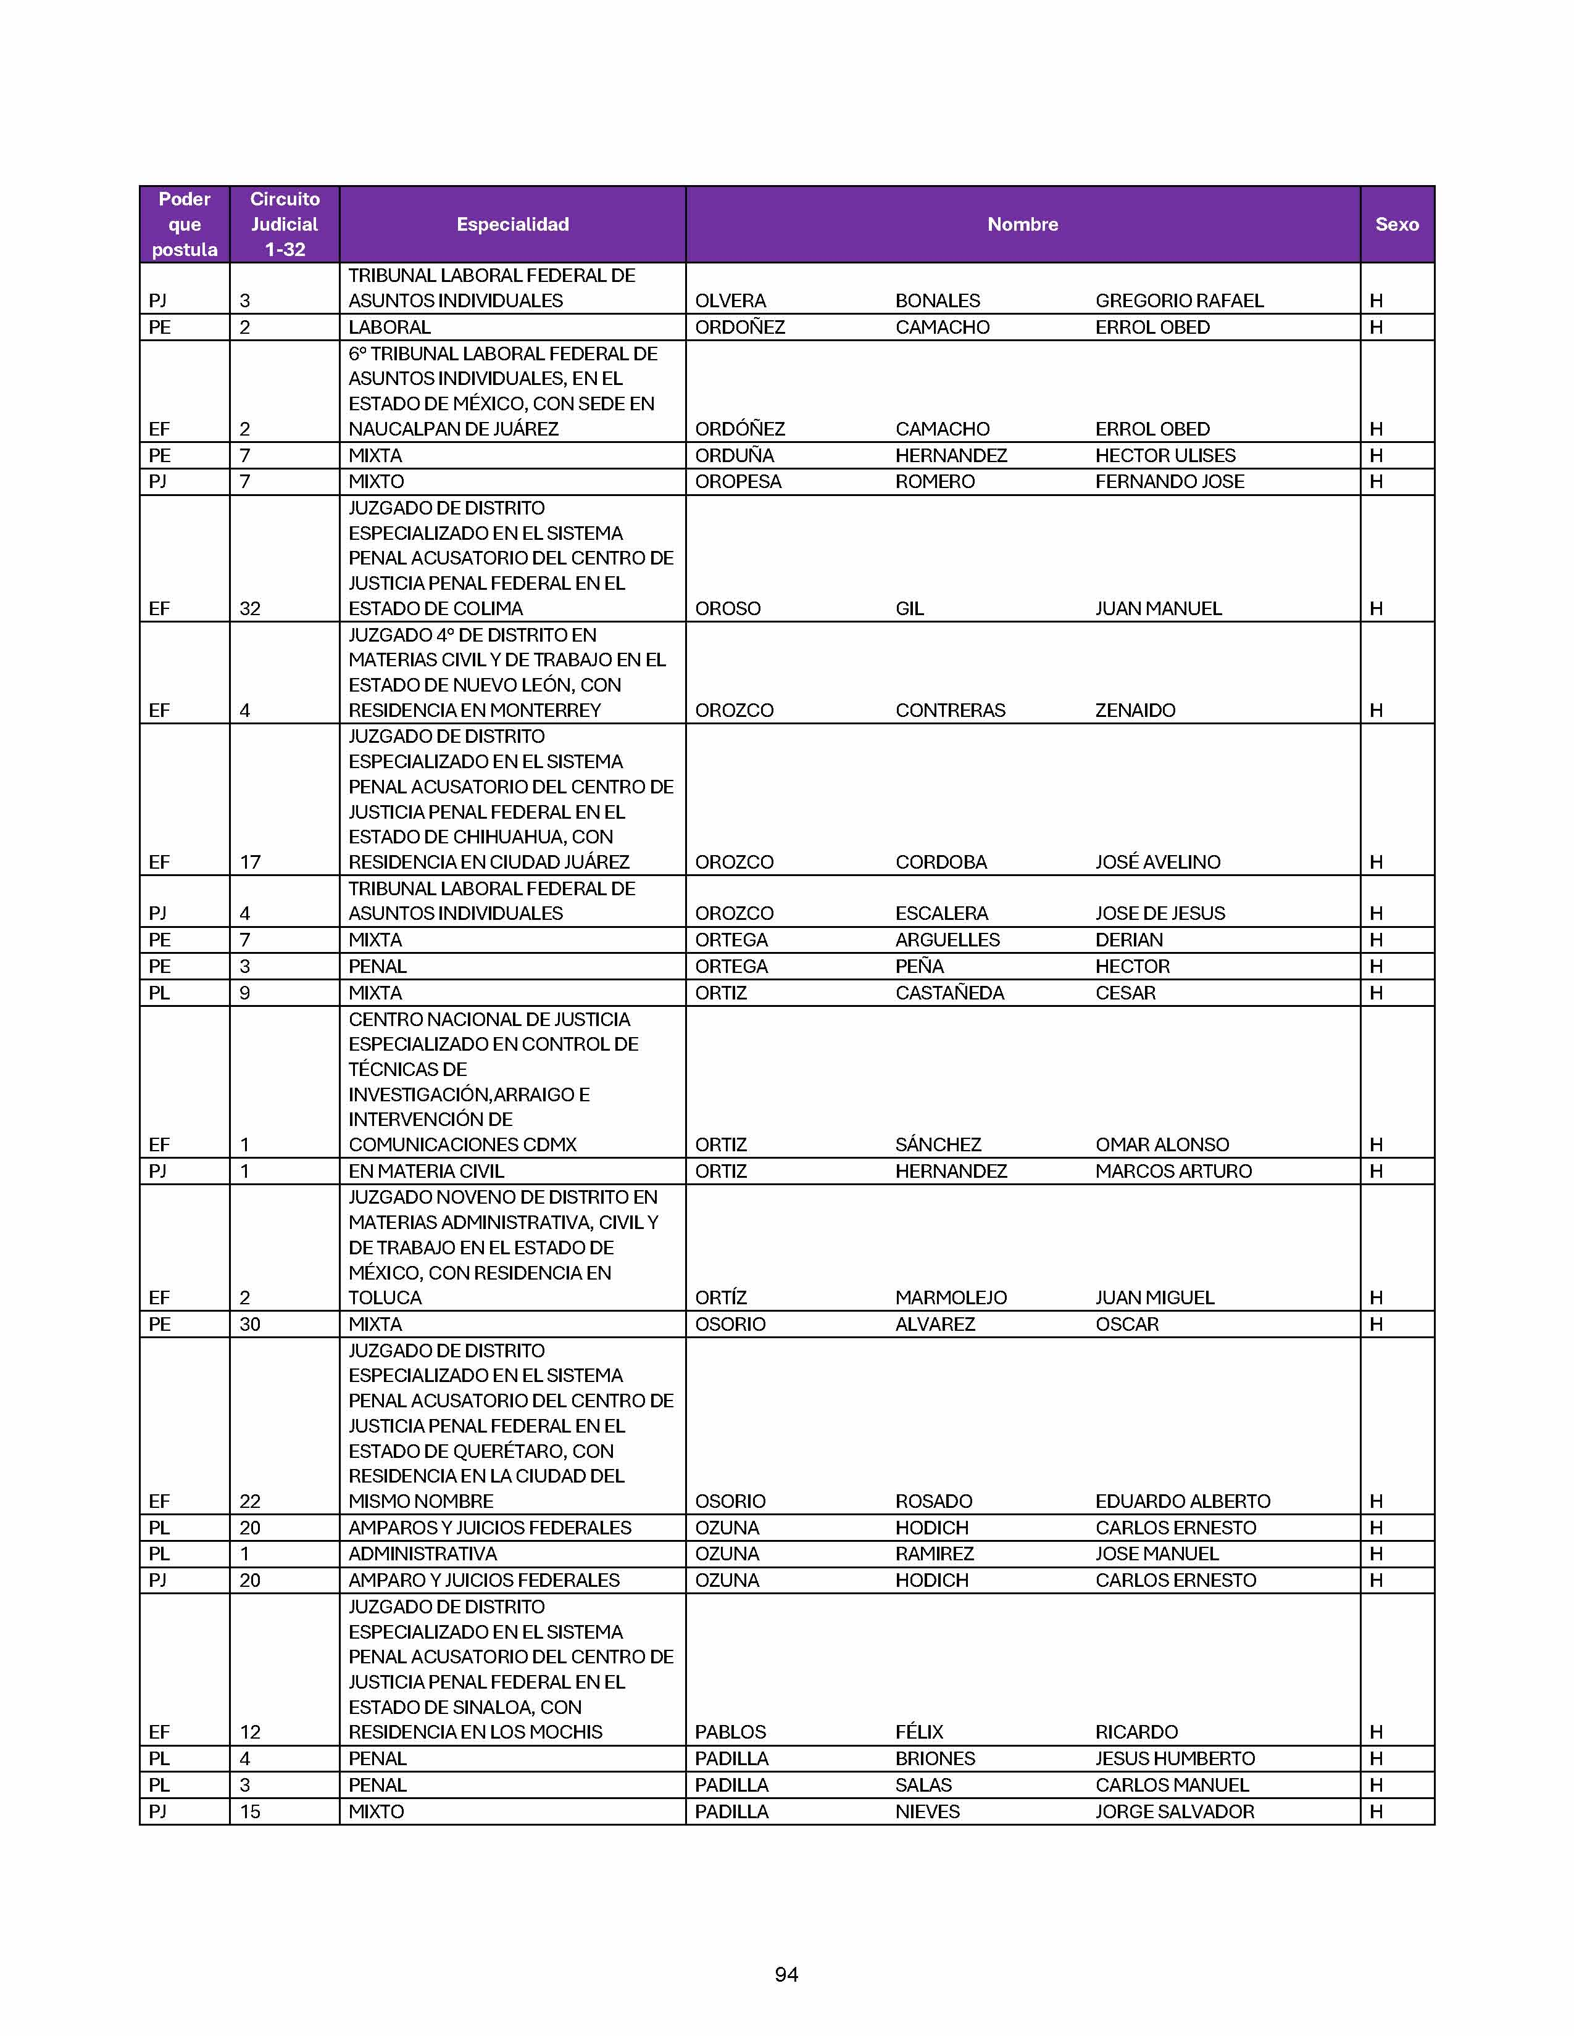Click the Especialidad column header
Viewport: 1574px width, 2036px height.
(512, 225)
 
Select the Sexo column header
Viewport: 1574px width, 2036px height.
(1396, 225)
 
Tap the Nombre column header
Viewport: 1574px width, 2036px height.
(1022, 225)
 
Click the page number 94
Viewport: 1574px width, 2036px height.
(786, 1974)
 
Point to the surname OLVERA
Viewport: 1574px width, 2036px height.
(730, 301)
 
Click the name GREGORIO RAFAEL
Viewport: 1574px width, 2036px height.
(1178, 301)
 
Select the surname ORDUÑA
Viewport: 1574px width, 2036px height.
(734, 456)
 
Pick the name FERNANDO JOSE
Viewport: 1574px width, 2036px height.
(1169, 482)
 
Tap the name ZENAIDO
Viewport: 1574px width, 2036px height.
(1135, 710)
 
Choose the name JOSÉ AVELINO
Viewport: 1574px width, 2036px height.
(1157, 863)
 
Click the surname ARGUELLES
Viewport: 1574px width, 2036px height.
(947, 940)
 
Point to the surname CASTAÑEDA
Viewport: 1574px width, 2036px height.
(949, 993)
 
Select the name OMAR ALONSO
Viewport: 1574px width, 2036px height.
(1162, 1144)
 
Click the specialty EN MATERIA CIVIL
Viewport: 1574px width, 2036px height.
(426, 1171)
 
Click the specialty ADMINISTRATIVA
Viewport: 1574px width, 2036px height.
(422, 1554)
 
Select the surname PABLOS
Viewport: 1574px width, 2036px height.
(730, 1732)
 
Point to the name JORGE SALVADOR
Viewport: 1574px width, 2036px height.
(1174, 1811)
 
